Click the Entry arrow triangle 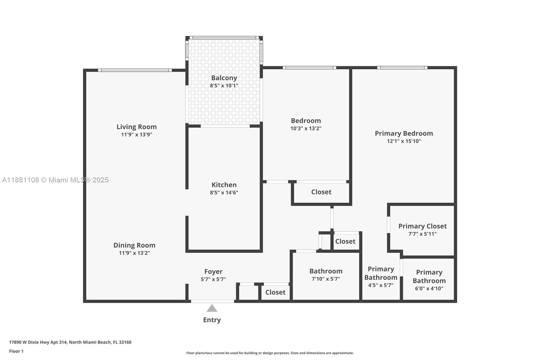[x=212, y=308]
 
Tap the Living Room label [x=136, y=127]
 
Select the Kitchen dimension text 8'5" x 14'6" [x=224, y=192]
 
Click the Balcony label [x=224, y=78]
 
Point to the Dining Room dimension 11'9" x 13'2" [x=134, y=253]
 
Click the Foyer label [x=213, y=272]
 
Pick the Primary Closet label [x=422, y=226]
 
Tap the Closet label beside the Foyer [x=275, y=292]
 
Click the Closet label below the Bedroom [x=321, y=192]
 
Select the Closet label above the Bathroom [x=345, y=241]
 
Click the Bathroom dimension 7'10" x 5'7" [x=326, y=279]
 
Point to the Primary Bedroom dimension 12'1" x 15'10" [x=404, y=141]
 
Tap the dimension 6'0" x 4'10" [x=429, y=288]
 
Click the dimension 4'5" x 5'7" [x=381, y=285]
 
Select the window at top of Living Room [x=135, y=70]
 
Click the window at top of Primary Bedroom [x=402, y=68]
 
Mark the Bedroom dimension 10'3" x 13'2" [x=306, y=128]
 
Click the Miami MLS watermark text [x=55, y=180]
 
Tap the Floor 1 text [x=16, y=351]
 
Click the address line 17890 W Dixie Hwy [x=70, y=342]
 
